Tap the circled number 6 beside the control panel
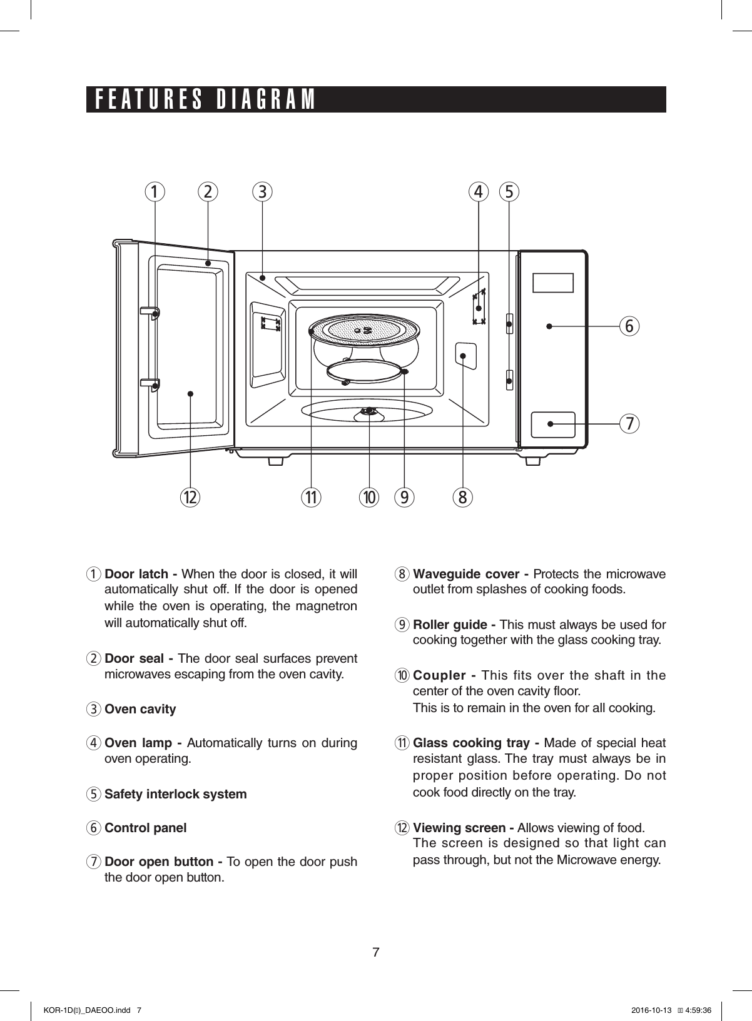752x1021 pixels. [630, 326]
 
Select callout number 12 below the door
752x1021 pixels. [190, 498]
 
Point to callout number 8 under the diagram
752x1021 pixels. [463, 498]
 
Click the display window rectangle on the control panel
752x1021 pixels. [553, 283]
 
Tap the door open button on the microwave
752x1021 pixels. [553, 425]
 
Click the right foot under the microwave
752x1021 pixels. [532, 461]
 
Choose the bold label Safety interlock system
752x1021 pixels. [175, 794]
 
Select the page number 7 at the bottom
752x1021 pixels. [375, 952]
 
